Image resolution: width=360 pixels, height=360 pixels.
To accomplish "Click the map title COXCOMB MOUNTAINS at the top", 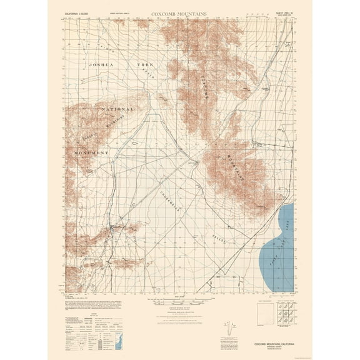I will [180, 12].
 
